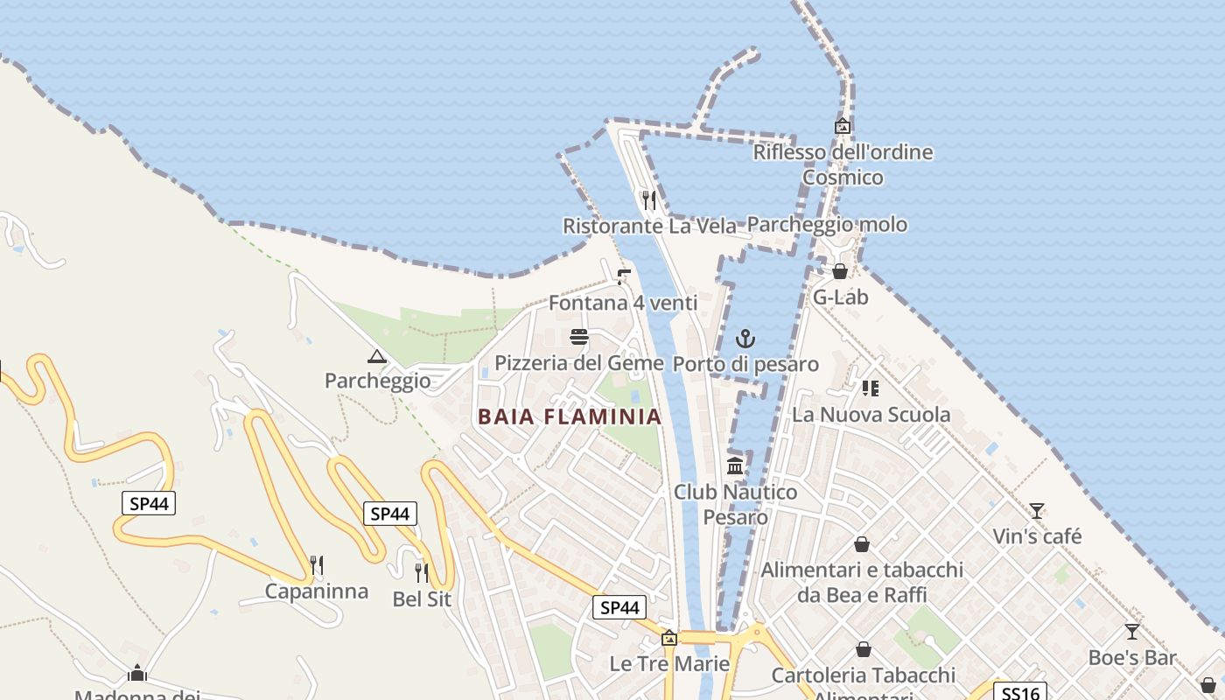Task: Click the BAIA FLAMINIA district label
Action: pyautogui.click(x=570, y=416)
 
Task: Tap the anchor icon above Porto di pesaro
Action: pyautogui.click(x=745, y=339)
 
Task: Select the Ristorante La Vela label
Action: pyautogui.click(x=649, y=226)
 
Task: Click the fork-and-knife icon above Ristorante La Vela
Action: pyautogui.click(x=649, y=200)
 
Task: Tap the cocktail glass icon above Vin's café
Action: pyautogui.click(x=1037, y=510)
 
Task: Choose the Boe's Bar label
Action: pyautogui.click(x=1132, y=657)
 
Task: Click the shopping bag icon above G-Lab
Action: pyautogui.click(x=840, y=271)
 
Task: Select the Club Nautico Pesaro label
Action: pyautogui.click(x=735, y=504)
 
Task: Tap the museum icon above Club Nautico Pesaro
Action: pyautogui.click(x=735, y=465)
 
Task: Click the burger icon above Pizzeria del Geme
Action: pyautogui.click(x=578, y=337)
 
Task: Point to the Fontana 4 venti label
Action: pyautogui.click(x=623, y=303)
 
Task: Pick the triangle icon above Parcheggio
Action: pyautogui.click(x=377, y=356)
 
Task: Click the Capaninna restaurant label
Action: pyautogui.click(x=317, y=591)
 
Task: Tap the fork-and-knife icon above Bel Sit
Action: pyautogui.click(x=422, y=573)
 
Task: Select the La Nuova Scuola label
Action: pyautogui.click(x=871, y=414)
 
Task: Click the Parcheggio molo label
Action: pyautogui.click(x=827, y=225)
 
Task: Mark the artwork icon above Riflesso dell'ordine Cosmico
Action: pyautogui.click(x=843, y=126)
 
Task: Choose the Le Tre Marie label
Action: pyautogui.click(x=669, y=663)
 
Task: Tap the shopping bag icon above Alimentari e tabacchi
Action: pyautogui.click(x=862, y=544)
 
